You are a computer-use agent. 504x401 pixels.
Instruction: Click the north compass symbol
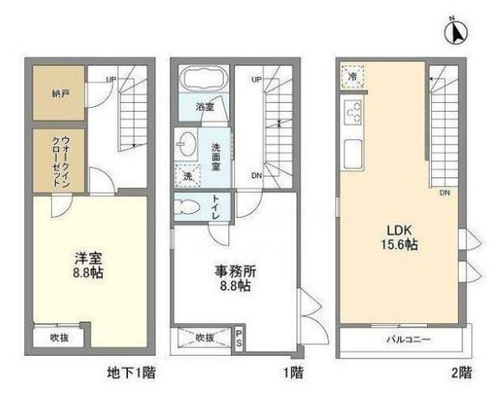(456, 32)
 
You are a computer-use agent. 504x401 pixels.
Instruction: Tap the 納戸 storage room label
(61, 94)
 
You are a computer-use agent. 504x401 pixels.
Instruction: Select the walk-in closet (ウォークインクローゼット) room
(59, 160)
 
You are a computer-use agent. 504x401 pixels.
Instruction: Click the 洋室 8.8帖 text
(88, 265)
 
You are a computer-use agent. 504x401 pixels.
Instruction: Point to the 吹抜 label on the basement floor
(59, 338)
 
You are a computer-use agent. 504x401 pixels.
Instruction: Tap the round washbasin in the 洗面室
(186, 144)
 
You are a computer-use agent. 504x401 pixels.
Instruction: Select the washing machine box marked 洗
(187, 175)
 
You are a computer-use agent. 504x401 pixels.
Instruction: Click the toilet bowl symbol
(186, 207)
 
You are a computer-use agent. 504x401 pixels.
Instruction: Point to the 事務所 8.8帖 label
(236, 278)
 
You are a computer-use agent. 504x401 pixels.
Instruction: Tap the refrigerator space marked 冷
(352, 77)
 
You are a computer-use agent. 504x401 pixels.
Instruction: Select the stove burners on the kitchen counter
(353, 112)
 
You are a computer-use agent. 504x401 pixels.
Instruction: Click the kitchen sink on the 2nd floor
(353, 155)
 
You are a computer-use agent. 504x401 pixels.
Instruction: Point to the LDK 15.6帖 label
(400, 237)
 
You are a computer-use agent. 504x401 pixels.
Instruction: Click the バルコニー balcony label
(408, 339)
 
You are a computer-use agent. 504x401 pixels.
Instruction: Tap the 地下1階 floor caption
(131, 373)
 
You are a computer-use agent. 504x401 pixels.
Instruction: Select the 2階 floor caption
(461, 373)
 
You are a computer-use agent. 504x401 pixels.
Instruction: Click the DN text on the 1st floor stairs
(256, 175)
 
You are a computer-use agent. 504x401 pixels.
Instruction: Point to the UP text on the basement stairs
(111, 79)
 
